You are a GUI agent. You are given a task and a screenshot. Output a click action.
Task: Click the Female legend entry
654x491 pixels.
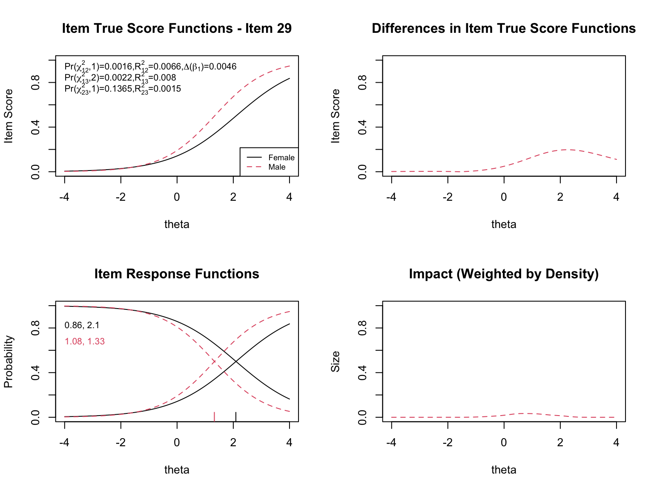(x=281, y=158)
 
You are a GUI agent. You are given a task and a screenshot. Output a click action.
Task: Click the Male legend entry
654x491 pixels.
(x=277, y=167)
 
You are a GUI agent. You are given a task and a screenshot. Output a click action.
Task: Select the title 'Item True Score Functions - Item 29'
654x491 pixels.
(x=177, y=29)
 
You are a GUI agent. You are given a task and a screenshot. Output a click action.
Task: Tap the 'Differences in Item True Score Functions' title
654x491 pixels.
(x=504, y=29)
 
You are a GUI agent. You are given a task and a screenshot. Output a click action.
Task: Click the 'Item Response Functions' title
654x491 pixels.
(x=177, y=274)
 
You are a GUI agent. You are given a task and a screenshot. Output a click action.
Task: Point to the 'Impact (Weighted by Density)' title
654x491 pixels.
(x=504, y=274)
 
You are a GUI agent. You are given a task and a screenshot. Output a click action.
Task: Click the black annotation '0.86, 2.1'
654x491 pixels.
(x=82, y=326)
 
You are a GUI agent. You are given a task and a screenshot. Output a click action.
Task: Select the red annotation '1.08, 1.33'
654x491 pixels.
(x=84, y=341)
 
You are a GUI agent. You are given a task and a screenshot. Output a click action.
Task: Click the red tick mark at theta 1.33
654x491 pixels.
(x=214, y=416)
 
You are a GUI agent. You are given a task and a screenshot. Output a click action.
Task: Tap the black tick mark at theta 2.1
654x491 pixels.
(x=236, y=416)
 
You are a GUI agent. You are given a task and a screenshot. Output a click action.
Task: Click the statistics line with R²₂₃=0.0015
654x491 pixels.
(x=123, y=89)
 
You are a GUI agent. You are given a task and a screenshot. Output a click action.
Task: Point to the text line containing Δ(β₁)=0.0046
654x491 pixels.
(x=150, y=66)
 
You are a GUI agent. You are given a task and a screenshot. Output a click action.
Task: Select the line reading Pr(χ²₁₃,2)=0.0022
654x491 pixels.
(x=120, y=78)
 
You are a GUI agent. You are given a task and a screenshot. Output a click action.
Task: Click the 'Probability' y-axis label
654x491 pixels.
(x=9, y=362)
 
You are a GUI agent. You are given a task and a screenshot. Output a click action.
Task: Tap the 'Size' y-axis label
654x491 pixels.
(x=336, y=362)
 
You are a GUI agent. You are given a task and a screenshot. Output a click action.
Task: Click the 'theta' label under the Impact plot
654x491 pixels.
(x=504, y=470)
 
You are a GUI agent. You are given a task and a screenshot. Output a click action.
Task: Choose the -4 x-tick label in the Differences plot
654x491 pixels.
(x=391, y=197)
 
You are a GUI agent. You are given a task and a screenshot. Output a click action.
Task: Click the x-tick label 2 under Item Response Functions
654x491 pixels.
(x=233, y=443)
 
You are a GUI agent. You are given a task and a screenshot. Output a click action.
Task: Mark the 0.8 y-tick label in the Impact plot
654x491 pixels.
(x=363, y=328)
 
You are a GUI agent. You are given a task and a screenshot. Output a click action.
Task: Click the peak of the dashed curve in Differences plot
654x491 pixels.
(x=567, y=150)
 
